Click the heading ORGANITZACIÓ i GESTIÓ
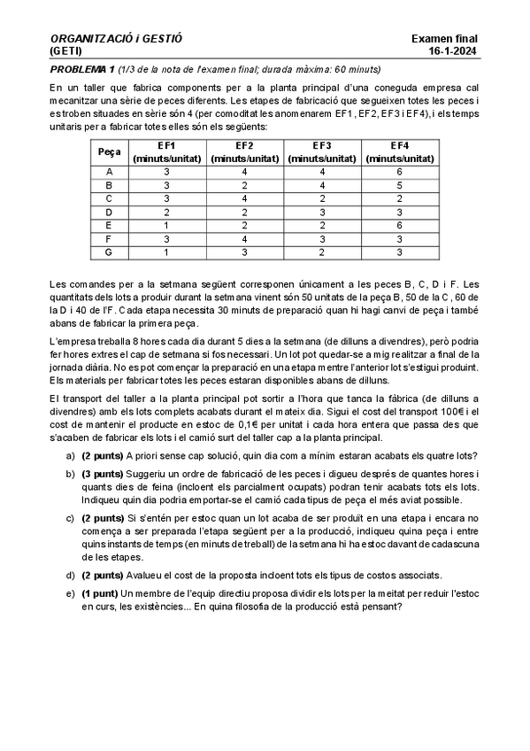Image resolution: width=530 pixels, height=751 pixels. pyautogui.click(x=116, y=39)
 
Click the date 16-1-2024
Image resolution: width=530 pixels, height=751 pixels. pyautogui.click(x=452, y=51)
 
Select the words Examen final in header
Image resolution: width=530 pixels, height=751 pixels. pyautogui.click(x=444, y=39)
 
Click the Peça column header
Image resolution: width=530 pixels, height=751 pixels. pyautogui.click(x=109, y=152)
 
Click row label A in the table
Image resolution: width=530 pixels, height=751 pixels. pyautogui.click(x=109, y=172)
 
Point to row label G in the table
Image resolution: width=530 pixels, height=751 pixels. pyautogui.click(x=109, y=252)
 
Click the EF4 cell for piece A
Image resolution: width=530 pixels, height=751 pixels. pyautogui.click(x=400, y=172)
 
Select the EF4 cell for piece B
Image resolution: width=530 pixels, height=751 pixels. pyautogui.click(x=400, y=186)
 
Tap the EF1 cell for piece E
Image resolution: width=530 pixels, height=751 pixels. pyautogui.click(x=167, y=226)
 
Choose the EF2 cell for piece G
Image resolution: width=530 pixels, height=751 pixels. pyautogui.click(x=245, y=252)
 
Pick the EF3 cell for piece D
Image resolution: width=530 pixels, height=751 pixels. pyautogui.click(x=322, y=213)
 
